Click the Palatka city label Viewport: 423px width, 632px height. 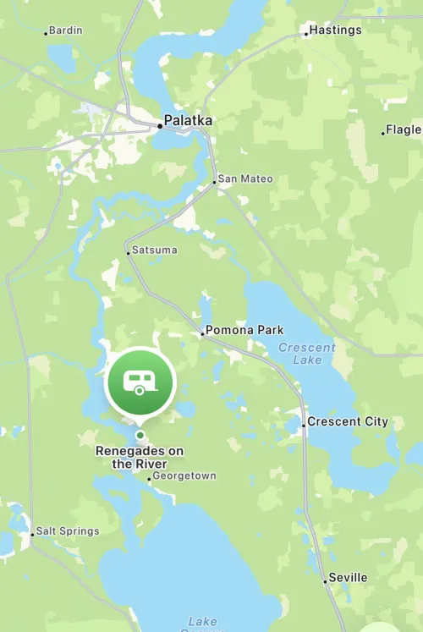point(188,120)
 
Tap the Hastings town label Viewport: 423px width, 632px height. point(336,30)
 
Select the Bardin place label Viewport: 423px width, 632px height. point(66,30)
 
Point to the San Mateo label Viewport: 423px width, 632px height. point(245,179)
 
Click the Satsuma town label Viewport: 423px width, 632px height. point(153,250)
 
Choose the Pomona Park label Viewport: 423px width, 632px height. point(245,330)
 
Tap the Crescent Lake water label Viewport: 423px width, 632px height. point(307,354)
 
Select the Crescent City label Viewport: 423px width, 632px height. point(348,421)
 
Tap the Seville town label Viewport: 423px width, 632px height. point(348,577)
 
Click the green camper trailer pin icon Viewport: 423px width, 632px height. point(139,383)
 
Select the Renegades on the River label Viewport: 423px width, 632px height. point(140,458)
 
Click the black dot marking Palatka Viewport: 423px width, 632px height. point(159,126)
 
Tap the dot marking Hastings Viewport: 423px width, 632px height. point(305,35)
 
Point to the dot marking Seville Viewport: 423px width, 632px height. point(324,581)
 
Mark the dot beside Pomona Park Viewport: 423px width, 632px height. point(202,334)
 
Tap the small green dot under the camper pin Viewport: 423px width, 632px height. point(140,436)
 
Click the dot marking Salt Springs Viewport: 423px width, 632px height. point(32,535)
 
